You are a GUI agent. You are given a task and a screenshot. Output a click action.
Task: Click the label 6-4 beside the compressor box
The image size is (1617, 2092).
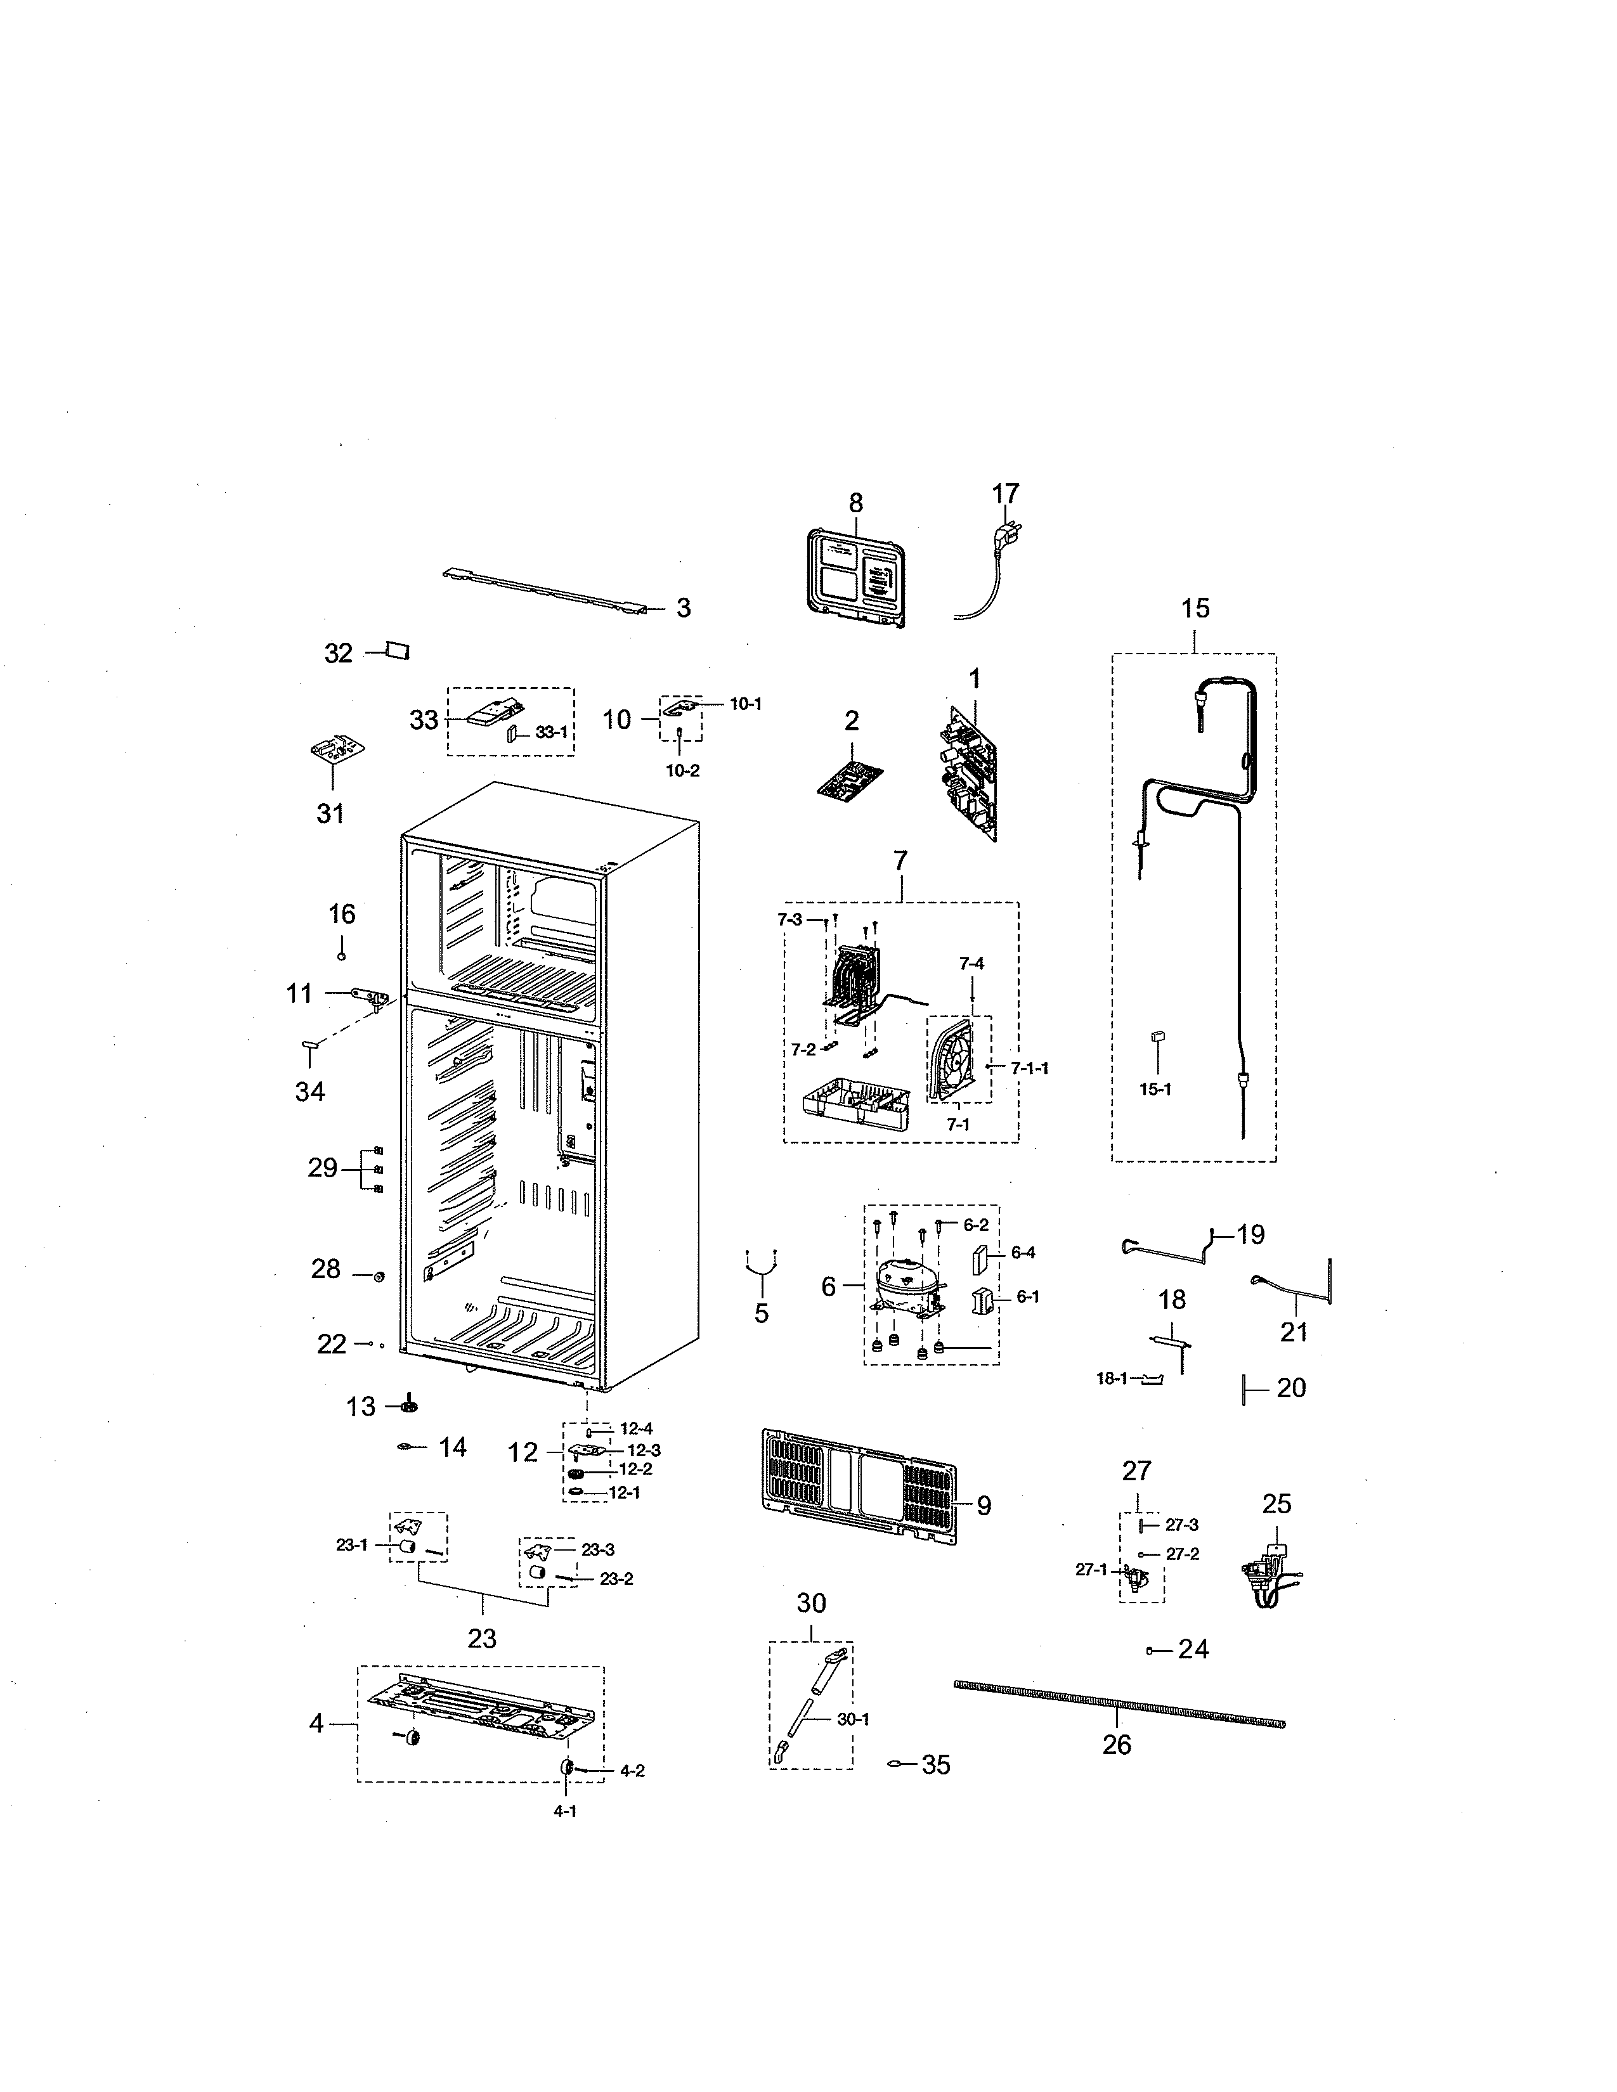(x=1023, y=1253)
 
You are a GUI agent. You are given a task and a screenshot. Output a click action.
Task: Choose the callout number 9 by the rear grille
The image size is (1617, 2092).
(x=984, y=1506)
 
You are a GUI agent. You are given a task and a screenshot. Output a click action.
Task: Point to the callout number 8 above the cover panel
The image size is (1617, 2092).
(x=855, y=503)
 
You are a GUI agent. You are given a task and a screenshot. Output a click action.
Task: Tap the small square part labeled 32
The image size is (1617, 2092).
(x=396, y=650)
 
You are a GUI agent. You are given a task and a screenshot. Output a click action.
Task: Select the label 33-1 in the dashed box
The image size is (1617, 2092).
(x=551, y=732)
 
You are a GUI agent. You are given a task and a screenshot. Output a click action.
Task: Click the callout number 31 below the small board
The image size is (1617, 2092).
(x=330, y=813)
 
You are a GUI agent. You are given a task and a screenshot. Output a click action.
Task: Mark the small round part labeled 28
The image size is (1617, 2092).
(x=379, y=1276)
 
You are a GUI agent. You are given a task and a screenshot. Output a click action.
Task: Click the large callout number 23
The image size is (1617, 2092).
(x=482, y=1639)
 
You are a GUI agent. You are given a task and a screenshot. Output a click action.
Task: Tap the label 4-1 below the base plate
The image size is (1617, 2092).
(x=565, y=1811)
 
